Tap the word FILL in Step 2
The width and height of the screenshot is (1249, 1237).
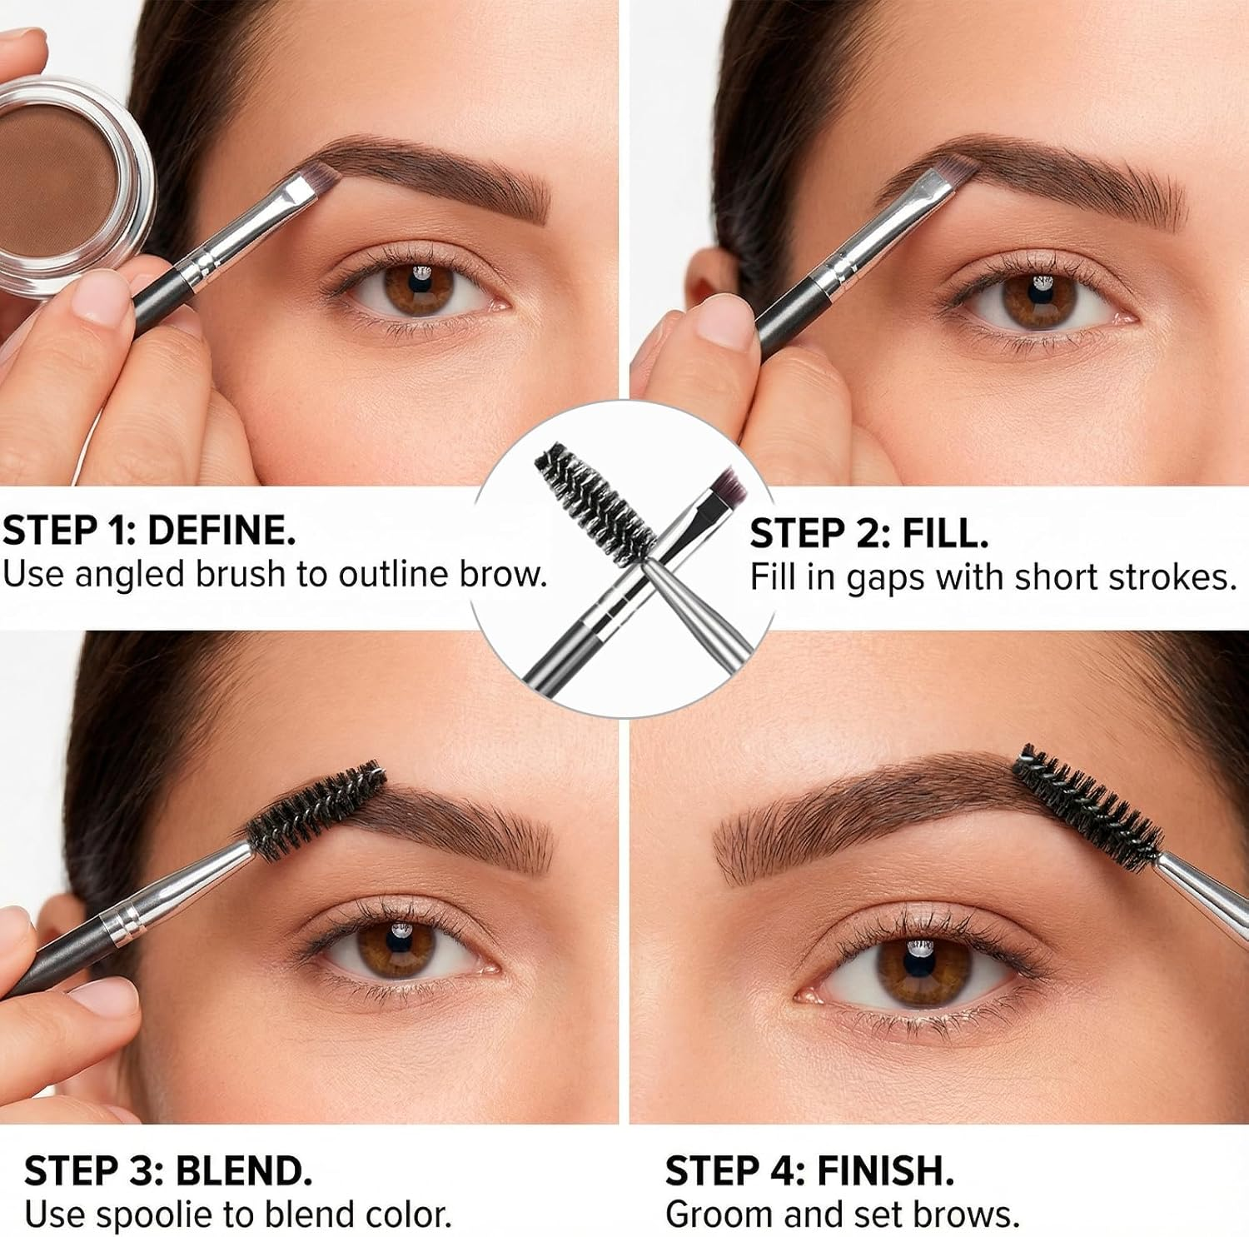coord(945,533)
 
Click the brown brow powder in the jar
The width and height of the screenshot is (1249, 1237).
coord(57,183)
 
